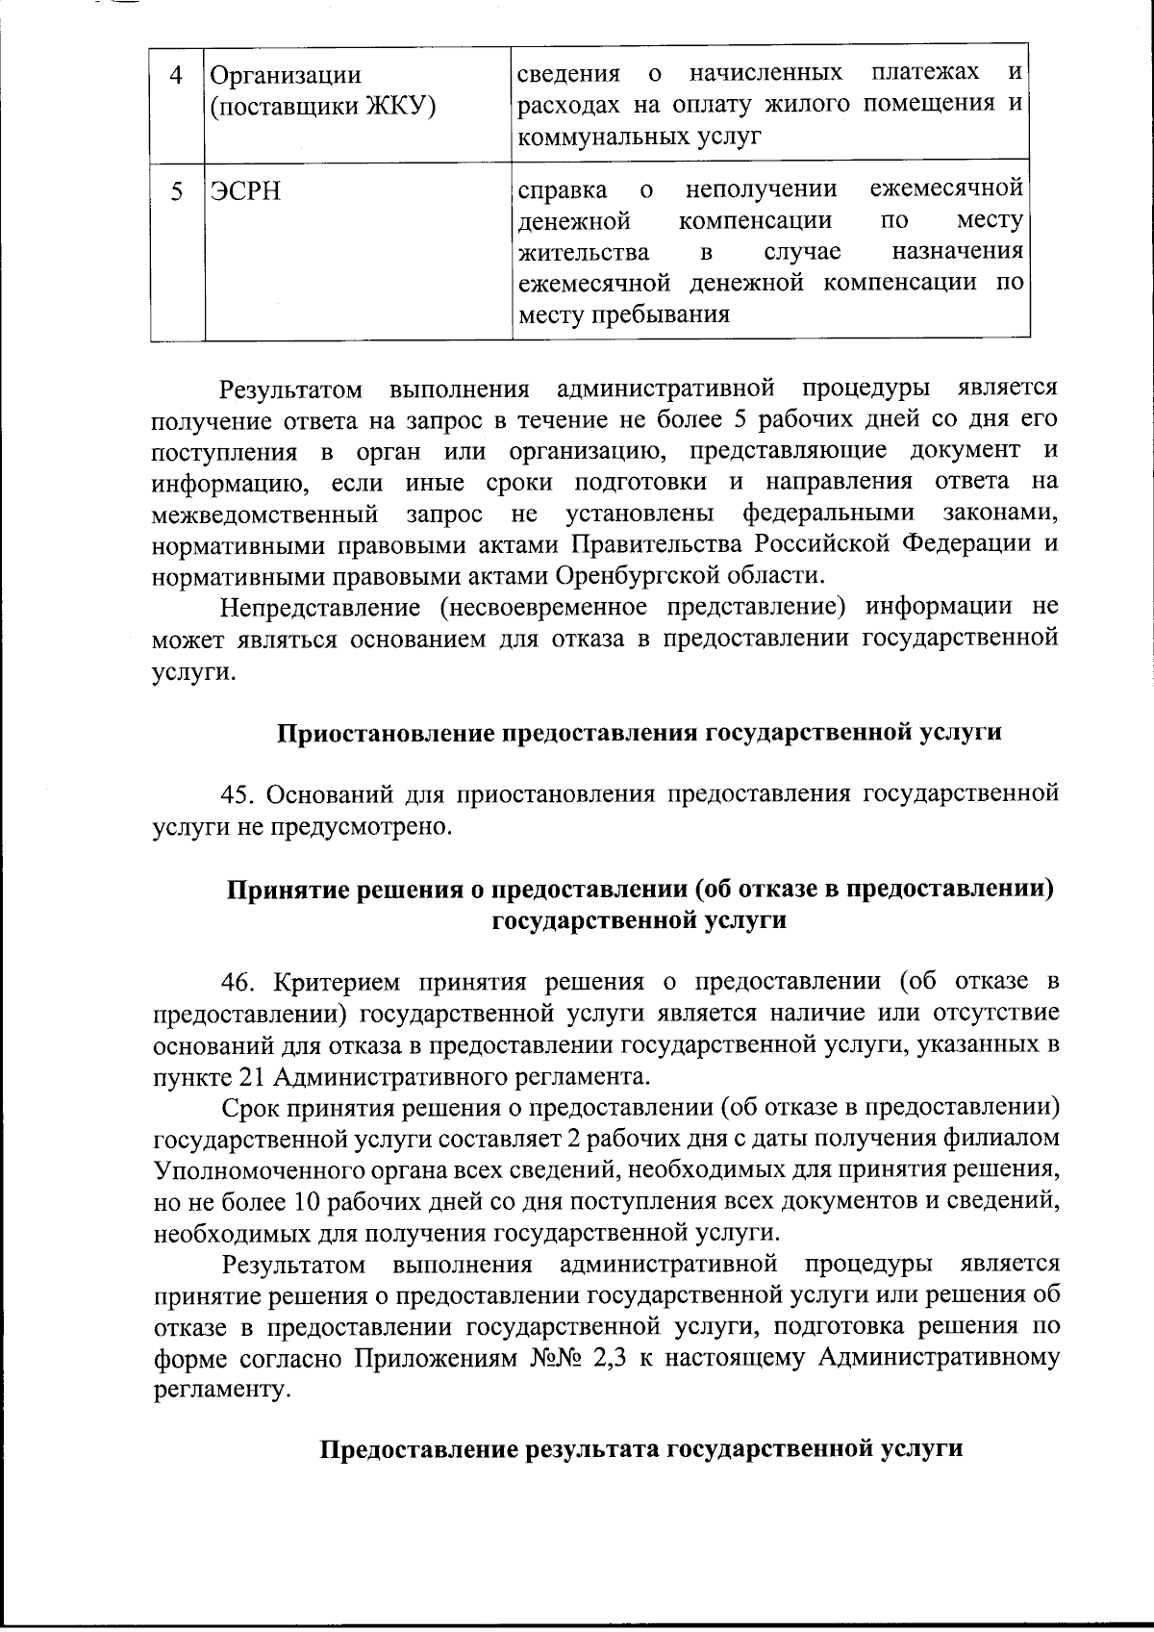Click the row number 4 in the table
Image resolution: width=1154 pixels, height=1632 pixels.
(x=176, y=75)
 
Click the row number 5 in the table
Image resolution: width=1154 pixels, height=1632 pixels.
(x=176, y=190)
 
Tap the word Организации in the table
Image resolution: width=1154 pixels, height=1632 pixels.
(x=286, y=75)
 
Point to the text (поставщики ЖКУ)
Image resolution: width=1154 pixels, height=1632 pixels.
(x=322, y=106)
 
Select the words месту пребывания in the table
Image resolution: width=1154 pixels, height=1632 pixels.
(x=623, y=314)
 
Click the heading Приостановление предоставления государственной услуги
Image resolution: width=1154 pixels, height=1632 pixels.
(x=640, y=733)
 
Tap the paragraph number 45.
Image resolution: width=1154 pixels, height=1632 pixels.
(x=239, y=794)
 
